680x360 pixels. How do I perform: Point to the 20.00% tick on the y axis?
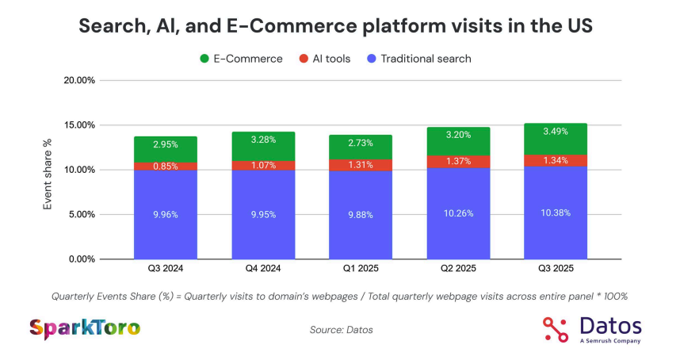[79, 80]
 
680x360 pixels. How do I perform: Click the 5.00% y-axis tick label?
[81, 214]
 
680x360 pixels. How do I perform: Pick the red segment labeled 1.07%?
[262, 166]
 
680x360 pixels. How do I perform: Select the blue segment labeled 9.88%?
[361, 214]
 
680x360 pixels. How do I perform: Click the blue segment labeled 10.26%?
[458, 213]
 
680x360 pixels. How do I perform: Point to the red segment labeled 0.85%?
[165, 167]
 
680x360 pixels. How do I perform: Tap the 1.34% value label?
[556, 160]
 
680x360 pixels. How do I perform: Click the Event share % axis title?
[48, 174]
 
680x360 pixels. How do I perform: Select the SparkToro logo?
[85, 327]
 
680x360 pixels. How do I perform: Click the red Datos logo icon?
[556, 328]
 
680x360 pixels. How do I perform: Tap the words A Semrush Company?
[609, 341]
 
